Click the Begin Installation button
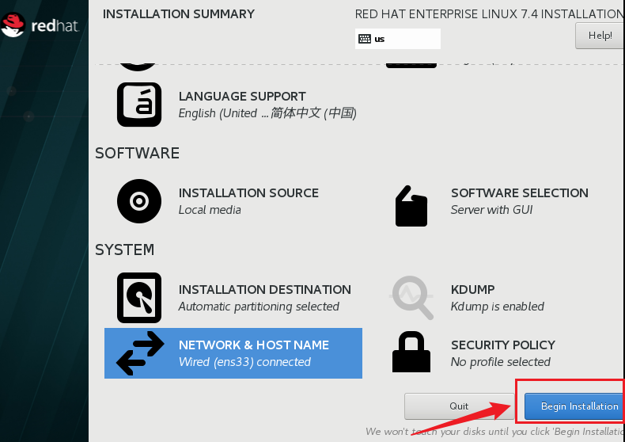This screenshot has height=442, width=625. [x=578, y=406]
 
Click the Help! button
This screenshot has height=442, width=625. [x=600, y=36]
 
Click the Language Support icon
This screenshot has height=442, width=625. [x=139, y=105]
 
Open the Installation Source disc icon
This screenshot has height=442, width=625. [x=139, y=201]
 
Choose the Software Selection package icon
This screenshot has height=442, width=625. [x=411, y=206]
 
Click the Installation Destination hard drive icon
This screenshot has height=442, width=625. [x=139, y=298]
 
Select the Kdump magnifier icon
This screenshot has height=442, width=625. [x=412, y=297]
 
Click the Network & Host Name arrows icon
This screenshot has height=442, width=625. [x=140, y=353]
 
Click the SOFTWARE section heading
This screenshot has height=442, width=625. [x=137, y=153]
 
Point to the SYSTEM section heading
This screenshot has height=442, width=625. [x=124, y=250]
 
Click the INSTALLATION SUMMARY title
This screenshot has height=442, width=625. [x=179, y=13]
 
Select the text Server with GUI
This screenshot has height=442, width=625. [x=491, y=210]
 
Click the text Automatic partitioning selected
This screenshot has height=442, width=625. [x=259, y=307]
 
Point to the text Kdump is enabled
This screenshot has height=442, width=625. [x=497, y=307]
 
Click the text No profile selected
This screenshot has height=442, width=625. [x=500, y=362]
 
